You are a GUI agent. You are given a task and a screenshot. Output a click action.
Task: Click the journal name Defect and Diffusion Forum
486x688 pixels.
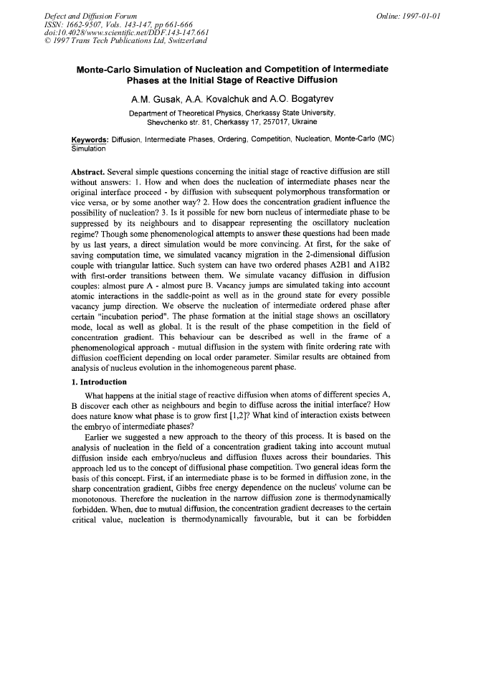[x=91, y=16]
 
